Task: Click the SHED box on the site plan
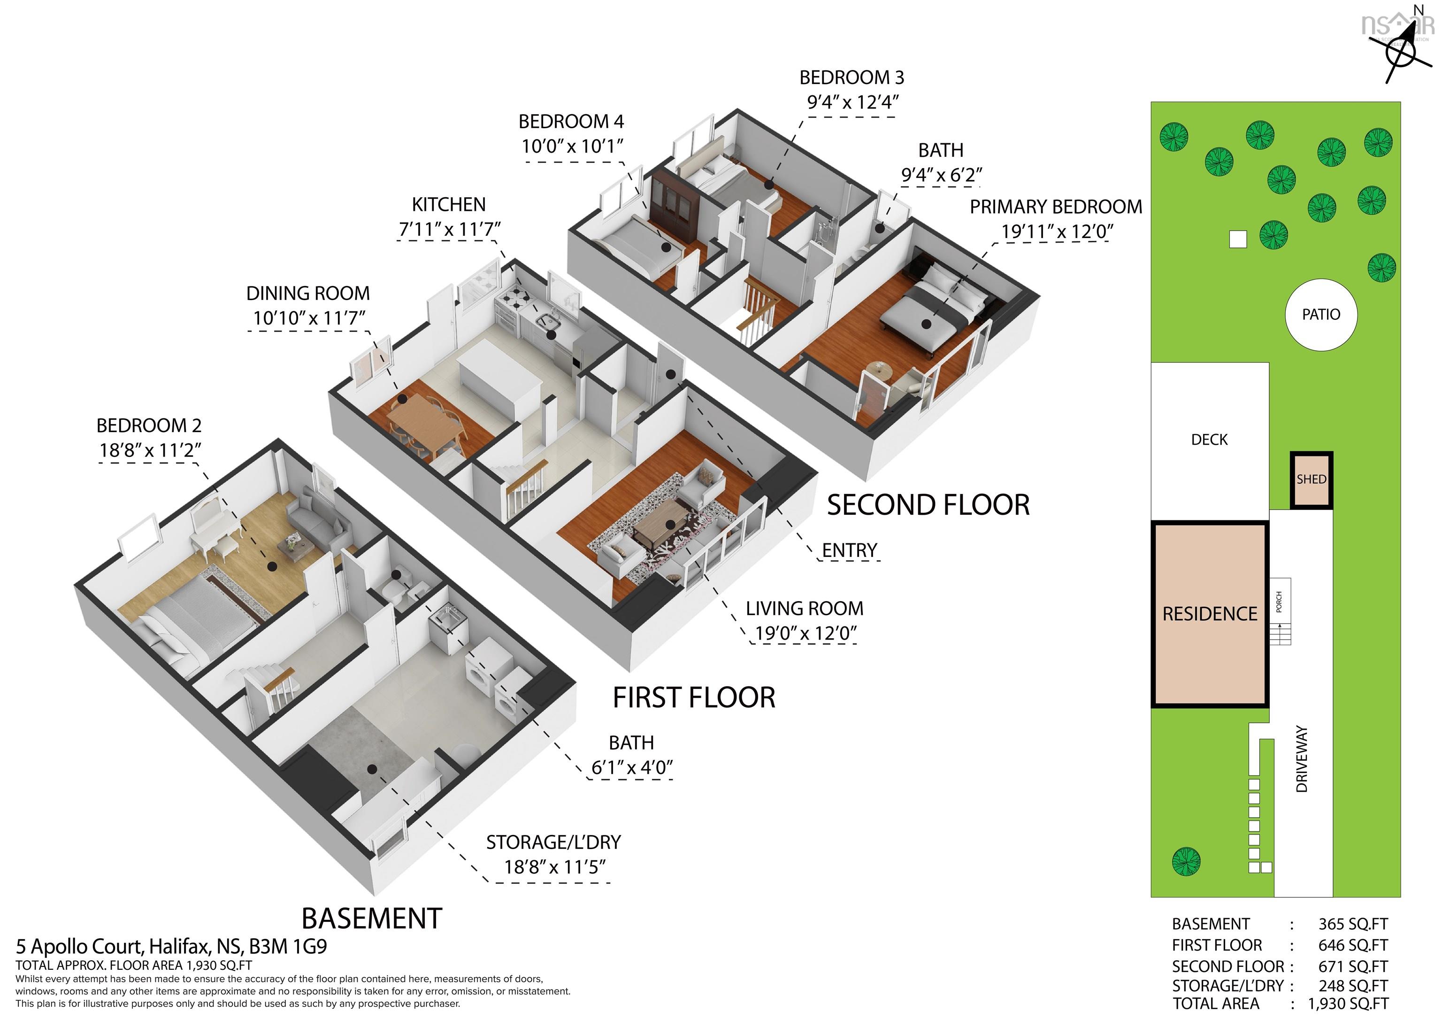pyautogui.click(x=1312, y=480)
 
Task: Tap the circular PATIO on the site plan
pyautogui.click(x=1321, y=314)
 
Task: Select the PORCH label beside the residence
pyautogui.click(x=1279, y=602)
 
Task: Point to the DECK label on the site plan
pyautogui.click(x=1209, y=439)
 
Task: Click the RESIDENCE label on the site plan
pyautogui.click(x=1210, y=613)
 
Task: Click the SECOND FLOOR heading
pyautogui.click(x=928, y=505)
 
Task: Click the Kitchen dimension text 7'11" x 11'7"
pyautogui.click(x=450, y=229)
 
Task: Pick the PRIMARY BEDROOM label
pyautogui.click(x=1056, y=207)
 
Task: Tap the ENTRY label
pyautogui.click(x=850, y=550)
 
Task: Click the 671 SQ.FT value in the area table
pyautogui.click(x=1353, y=966)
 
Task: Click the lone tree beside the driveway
pyautogui.click(x=1186, y=860)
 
